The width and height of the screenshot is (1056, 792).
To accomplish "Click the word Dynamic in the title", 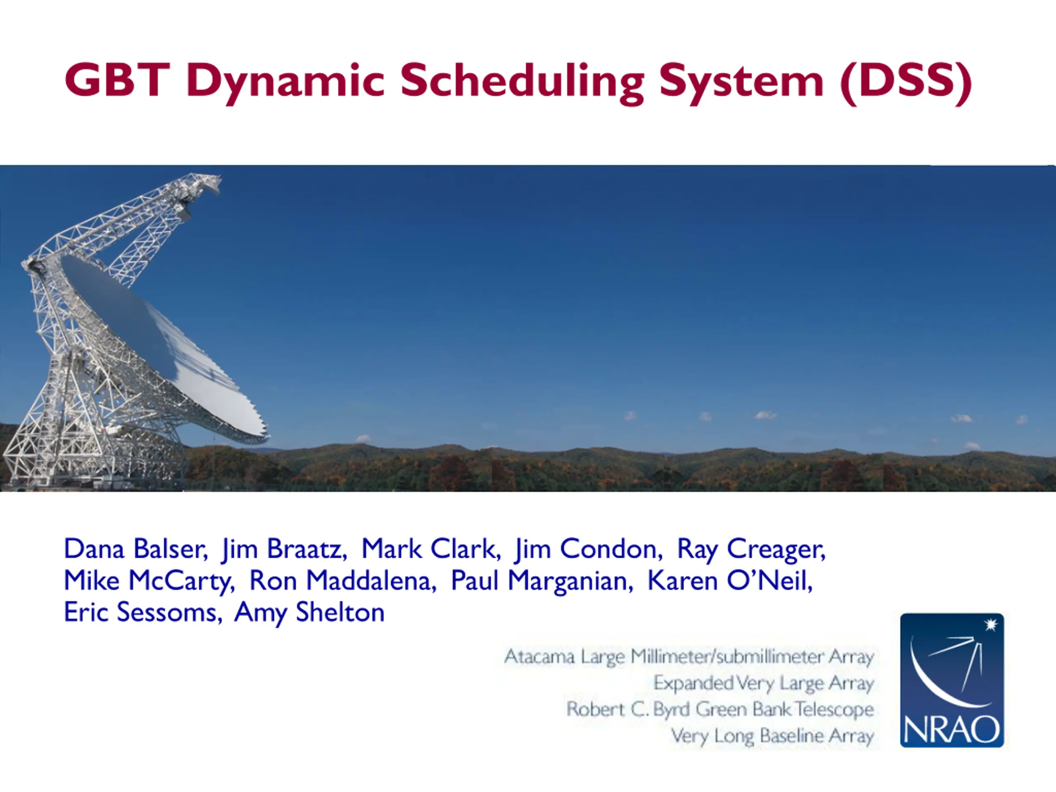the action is coord(285,82).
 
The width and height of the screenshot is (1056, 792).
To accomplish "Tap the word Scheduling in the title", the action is coord(522,82).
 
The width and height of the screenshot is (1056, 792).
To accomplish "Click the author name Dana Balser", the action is coord(136,549).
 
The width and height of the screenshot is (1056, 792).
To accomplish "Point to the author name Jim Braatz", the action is coord(284,549).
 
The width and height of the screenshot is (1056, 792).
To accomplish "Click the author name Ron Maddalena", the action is coord(342,581).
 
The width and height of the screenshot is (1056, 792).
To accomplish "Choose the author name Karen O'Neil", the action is coord(729,581).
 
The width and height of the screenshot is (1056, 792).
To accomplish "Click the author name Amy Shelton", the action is coord(309,613).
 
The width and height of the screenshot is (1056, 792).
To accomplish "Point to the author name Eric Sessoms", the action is coord(143,613).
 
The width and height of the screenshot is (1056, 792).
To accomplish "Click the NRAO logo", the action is coord(952,680).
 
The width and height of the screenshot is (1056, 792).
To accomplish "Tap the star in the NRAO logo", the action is coord(992,625).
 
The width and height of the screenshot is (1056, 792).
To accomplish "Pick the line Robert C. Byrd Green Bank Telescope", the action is coord(720,710).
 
